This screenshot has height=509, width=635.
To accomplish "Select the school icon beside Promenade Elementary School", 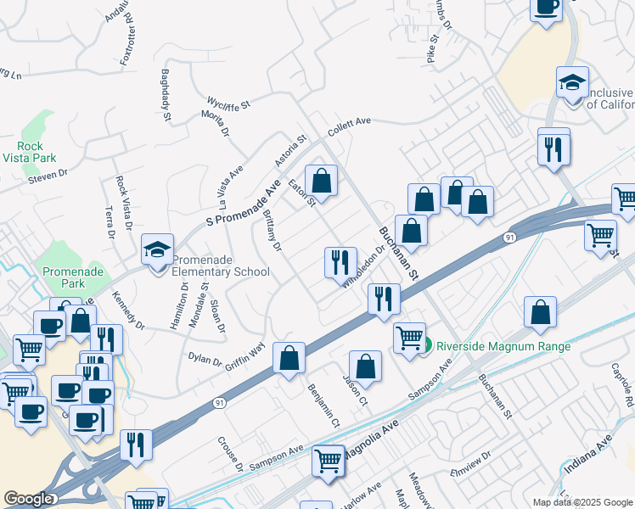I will pyautogui.click(x=158, y=250).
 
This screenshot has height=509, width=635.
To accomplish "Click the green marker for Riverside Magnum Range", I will pyautogui.click(x=430, y=345).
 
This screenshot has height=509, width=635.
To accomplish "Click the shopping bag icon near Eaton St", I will pyautogui.click(x=321, y=180).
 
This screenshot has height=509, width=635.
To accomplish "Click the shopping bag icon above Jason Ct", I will pyautogui.click(x=365, y=366).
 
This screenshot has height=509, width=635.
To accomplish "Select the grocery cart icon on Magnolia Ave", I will pyautogui.click(x=328, y=462).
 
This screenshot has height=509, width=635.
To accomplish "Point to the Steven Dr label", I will pyautogui.click(x=47, y=174).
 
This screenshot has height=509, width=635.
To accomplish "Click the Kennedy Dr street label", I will pyautogui.click(x=129, y=310).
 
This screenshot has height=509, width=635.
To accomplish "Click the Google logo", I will pyautogui.click(x=28, y=499).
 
